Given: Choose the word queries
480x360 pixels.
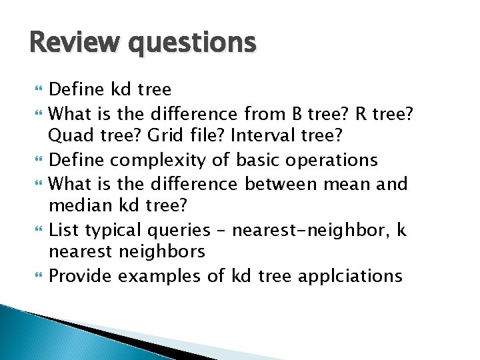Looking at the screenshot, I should [179, 231].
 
